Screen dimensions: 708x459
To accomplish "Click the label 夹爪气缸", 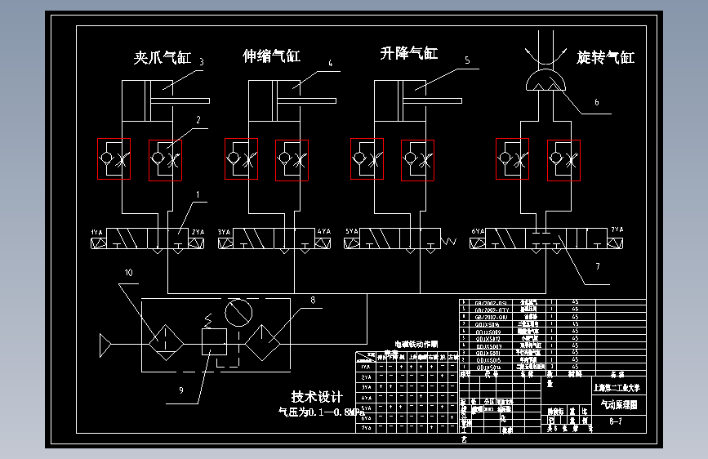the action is [x=162, y=59].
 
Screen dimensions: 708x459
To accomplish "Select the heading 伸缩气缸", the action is [x=272, y=56].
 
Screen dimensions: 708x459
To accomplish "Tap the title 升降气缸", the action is [x=409, y=54].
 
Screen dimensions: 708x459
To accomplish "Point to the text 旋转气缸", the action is [x=605, y=58].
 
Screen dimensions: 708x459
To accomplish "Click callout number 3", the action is [x=201, y=62].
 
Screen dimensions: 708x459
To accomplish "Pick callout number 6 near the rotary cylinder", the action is [x=596, y=103].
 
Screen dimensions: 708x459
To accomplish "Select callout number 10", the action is [x=127, y=272].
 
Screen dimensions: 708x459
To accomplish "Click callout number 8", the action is [x=311, y=300].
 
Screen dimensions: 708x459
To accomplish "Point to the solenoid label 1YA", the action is [x=96, y=233].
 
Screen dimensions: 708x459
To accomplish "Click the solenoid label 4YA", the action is [x=323, y=232].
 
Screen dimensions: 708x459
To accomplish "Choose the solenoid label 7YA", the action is [x=617, y=230].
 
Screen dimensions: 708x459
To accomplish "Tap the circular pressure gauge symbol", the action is [x=238, y=313].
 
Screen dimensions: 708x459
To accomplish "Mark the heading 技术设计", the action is [x=317, y=397].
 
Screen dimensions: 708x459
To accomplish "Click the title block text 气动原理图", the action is [x=618, y=404].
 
